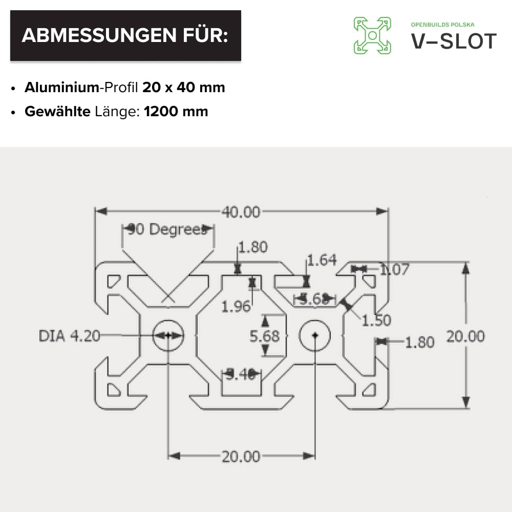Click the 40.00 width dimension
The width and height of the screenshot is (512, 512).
[240, 211]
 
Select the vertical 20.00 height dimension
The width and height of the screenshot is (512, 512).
[465, 336]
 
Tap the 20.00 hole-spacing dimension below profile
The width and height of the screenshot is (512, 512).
[241, 456]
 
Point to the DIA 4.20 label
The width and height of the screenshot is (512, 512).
[69, 336]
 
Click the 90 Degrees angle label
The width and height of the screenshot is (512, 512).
[169, 230]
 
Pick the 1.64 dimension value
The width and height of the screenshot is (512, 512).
[322, 261]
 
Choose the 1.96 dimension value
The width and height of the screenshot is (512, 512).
[236, 306]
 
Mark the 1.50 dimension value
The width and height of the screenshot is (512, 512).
[376, 321]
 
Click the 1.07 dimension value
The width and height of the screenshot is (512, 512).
[394, 269]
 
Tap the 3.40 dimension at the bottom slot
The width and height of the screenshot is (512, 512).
[241, 375]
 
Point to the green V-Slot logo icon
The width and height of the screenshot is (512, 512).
[372, 35]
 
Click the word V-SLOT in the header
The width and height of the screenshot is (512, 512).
[454, 41]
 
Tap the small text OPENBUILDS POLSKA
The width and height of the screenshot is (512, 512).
[443, 25]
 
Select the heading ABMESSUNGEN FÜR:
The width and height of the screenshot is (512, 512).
[125, 35]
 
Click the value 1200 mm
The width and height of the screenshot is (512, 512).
[176, 112]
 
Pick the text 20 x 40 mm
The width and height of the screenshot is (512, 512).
[184, 88]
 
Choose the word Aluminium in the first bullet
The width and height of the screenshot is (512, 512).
[61, 88]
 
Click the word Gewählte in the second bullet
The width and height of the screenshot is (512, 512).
[57, 112]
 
